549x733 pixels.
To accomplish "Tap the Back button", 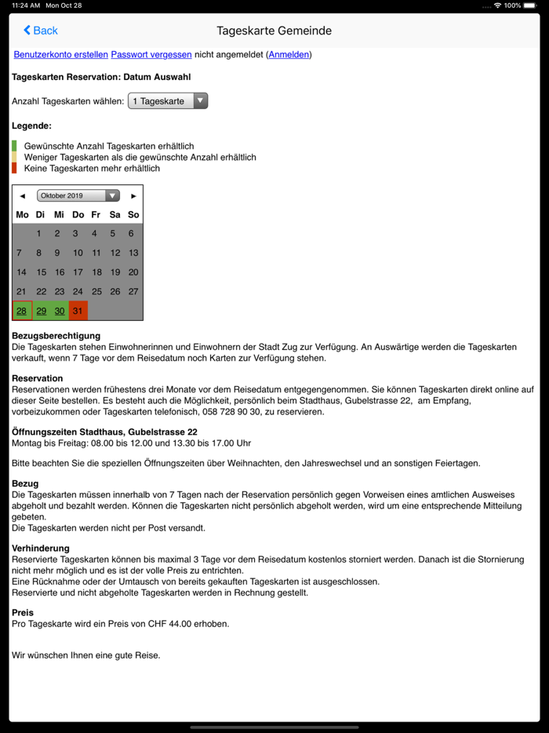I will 41,31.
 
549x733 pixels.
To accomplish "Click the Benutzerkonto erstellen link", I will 60,55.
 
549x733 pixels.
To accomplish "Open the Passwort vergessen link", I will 151,55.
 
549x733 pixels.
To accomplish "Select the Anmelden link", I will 289,55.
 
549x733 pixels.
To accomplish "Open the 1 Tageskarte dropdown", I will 168,101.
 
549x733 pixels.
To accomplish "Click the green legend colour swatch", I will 14,146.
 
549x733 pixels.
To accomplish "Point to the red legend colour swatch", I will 14,168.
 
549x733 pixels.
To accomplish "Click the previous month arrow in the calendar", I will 23,196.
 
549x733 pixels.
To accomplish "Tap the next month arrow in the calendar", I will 134,196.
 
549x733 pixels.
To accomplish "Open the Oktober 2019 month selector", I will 78,196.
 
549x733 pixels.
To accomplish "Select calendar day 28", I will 22,311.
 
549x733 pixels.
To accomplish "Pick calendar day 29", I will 42,311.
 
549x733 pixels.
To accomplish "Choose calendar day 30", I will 60,311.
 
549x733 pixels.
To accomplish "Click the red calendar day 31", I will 78,311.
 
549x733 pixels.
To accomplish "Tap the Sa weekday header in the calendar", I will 115,214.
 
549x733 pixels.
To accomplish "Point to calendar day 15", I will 42,272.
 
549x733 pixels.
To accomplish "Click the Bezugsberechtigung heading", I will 56,336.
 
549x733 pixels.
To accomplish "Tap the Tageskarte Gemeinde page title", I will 274,31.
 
